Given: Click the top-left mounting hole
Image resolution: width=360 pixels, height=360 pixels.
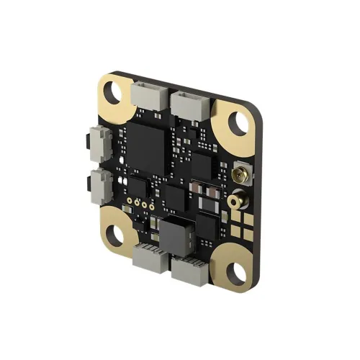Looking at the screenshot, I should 114,91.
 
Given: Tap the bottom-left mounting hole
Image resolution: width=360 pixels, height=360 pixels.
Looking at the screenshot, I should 114,234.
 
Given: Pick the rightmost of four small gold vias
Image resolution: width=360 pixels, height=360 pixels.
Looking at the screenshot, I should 153,207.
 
